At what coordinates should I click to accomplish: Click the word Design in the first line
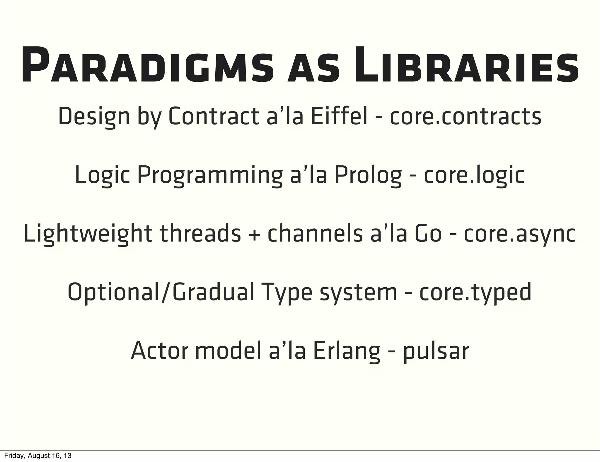[94, 117]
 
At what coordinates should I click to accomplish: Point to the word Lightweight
[88, 234]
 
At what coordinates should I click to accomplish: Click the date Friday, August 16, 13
[38, 456]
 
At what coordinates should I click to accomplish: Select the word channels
[315, 234]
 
